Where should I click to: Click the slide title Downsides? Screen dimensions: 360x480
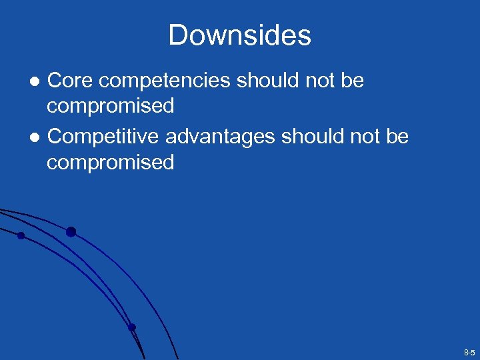(239, 35)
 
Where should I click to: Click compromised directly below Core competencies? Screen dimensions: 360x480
(110, 106)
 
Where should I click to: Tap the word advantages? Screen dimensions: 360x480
(220, 137)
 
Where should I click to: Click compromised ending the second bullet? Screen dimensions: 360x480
(110, 162)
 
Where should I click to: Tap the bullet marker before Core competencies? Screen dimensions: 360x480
(37, 81)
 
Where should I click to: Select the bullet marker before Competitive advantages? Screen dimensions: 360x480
(37, 137)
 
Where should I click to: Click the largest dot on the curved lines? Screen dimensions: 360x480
(71, 232)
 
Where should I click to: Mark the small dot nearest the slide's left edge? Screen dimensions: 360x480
(21, 235)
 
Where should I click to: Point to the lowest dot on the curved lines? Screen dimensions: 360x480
(131, 327)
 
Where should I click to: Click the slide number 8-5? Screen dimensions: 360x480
(469, 351)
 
